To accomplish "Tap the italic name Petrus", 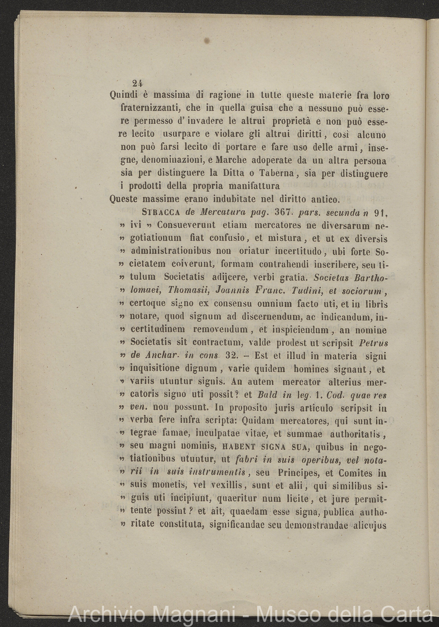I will click(x=372, y=343).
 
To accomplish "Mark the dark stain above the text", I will click(x=207, y=40).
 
